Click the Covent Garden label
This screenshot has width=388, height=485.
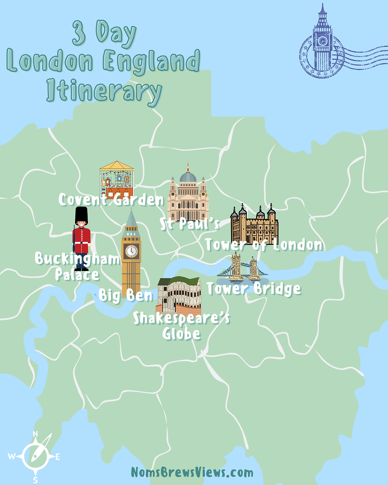pos(111,200)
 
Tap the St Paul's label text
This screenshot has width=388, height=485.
pos(190,224)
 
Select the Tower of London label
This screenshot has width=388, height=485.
pos(263,245)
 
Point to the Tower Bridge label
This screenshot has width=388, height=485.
pos(253,288)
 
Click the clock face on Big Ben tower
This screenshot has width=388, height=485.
pos(131,251)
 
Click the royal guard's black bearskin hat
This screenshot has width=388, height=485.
pos(82,215)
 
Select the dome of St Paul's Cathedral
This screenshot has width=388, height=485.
pos(188,177)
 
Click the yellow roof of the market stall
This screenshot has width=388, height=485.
pos(116,165)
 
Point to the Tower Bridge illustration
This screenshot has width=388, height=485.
pos(243,267)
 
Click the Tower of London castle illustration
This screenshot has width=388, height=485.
pos(255,226)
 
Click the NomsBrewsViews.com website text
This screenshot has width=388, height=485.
pos(192,472)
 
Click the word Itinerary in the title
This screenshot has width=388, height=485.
pos(105,91)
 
